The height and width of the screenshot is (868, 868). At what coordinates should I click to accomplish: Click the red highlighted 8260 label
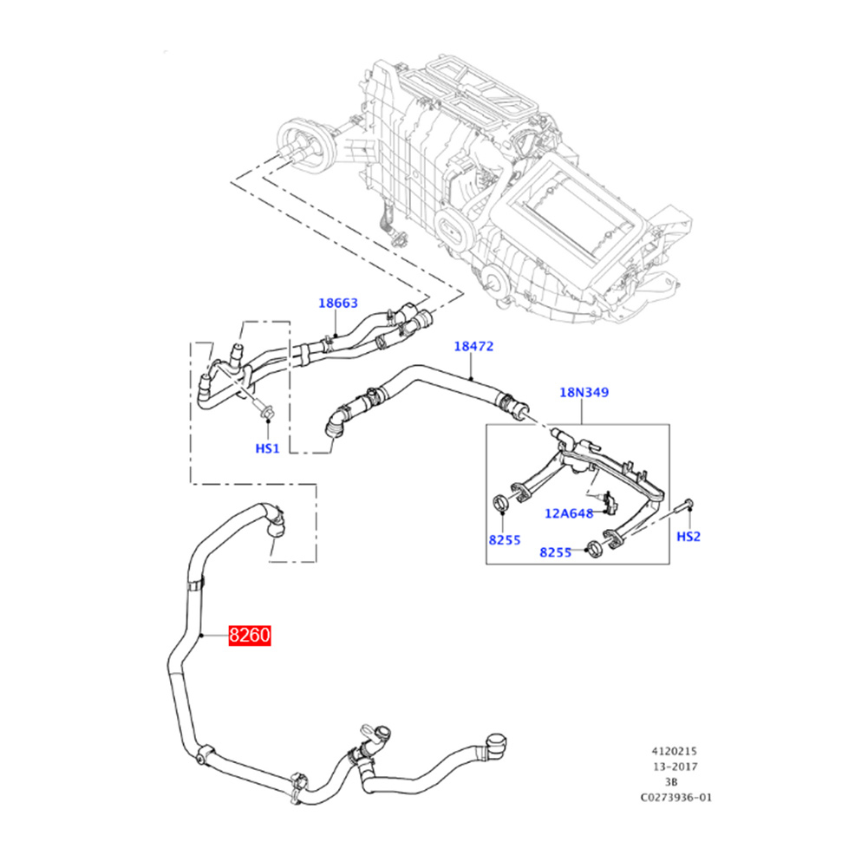point(250,635)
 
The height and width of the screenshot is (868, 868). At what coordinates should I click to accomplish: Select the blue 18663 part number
point(337,303)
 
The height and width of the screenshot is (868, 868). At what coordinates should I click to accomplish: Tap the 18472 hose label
point(473,346)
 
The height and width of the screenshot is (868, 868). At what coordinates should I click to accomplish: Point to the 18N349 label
point(584,392)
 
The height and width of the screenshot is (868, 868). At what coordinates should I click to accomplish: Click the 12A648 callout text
point(569,513)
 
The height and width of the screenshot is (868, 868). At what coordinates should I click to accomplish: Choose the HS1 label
point(267,448)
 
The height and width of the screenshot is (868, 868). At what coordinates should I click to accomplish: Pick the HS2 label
point(689,537)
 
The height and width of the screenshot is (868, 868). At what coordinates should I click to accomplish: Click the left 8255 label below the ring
point(505,539)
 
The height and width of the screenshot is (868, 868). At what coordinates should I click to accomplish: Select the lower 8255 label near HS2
point(555,552)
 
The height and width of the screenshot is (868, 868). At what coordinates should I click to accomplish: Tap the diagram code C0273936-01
point(675,798)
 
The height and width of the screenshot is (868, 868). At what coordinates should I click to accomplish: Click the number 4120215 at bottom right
point(674,751)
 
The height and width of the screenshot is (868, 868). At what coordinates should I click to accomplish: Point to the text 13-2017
point(675,767)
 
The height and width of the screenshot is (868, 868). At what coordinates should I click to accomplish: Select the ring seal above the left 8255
point(501,503)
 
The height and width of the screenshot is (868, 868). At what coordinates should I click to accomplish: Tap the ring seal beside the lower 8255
point(594,549)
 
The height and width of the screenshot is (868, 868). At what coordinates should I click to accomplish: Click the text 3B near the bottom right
point(671,782)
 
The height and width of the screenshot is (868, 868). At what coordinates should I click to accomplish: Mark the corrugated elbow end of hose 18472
point(336,421)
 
